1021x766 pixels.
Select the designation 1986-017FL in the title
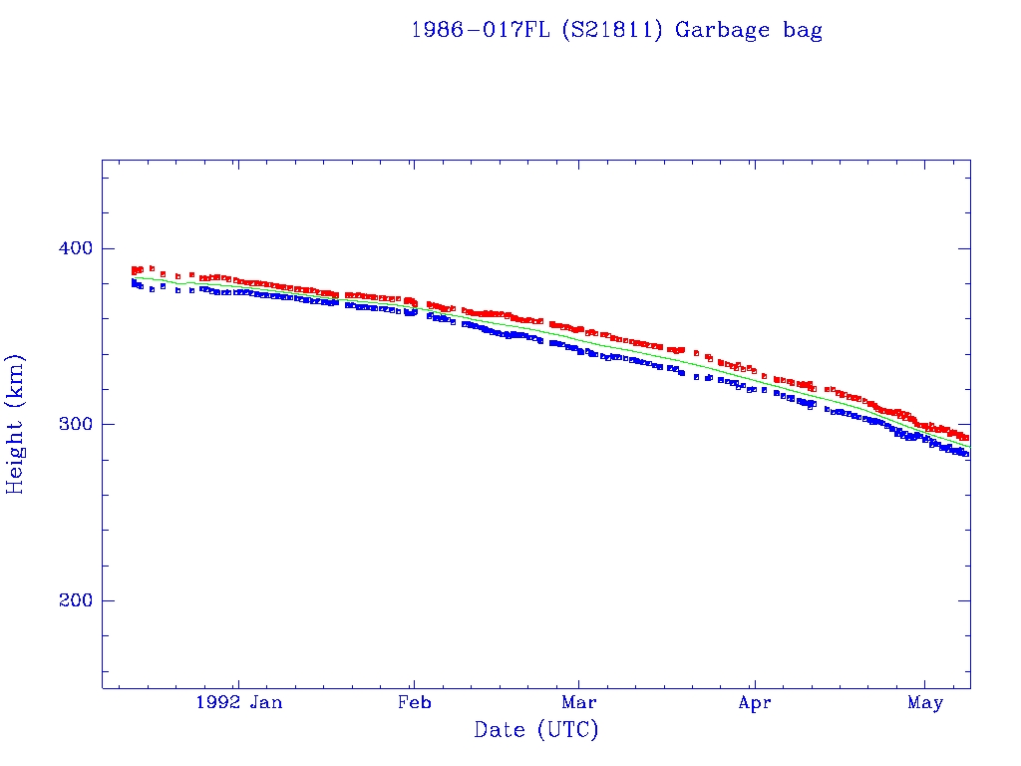click(x=481, y=30)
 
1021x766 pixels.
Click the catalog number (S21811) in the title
click(x=612, y=30)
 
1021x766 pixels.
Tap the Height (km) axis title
click(x=16, y=424)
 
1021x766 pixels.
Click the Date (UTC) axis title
click(x=536, y=730)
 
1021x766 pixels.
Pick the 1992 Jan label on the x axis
click(x=238, y=702)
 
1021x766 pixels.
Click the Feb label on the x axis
click(x=414, y=702)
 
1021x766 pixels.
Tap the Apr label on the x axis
click(x=755, y=702)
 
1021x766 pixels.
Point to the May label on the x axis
click(x=925, y=702)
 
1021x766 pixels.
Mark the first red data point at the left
click(x=134, y=270)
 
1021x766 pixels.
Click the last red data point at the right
click(x=965, y=438)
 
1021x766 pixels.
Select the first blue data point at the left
click(x=134, y=282)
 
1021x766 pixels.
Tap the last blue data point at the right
click(x=965, y=454)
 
